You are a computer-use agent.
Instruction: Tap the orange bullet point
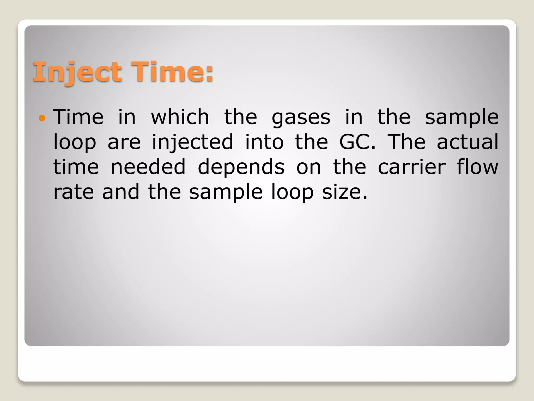point(42,118)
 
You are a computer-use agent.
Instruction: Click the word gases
point(301,117)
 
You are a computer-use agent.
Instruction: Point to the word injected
point(192,142)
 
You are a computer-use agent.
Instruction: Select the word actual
point(467,142)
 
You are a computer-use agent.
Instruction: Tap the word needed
point(148,167)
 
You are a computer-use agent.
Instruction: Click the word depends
point(241,167)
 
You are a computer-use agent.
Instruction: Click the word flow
point(478,167)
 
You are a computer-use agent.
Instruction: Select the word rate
point(74,192)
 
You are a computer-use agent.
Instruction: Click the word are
point(124,143)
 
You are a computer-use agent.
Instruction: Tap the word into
point(264,142)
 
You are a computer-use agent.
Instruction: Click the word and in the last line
point(121,192)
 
